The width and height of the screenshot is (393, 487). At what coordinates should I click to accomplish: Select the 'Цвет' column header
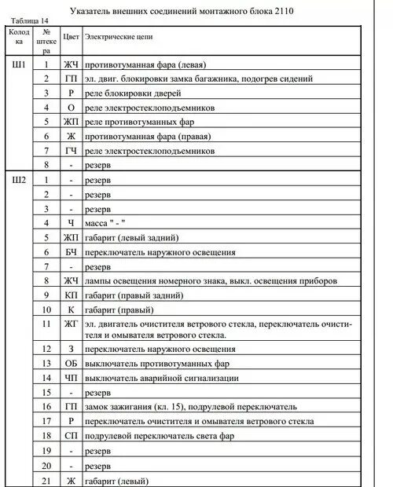70,38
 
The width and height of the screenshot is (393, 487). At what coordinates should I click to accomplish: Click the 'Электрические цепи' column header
118,38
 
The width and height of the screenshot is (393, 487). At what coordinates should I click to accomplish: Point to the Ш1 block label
20,64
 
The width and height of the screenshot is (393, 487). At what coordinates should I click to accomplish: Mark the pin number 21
47,480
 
